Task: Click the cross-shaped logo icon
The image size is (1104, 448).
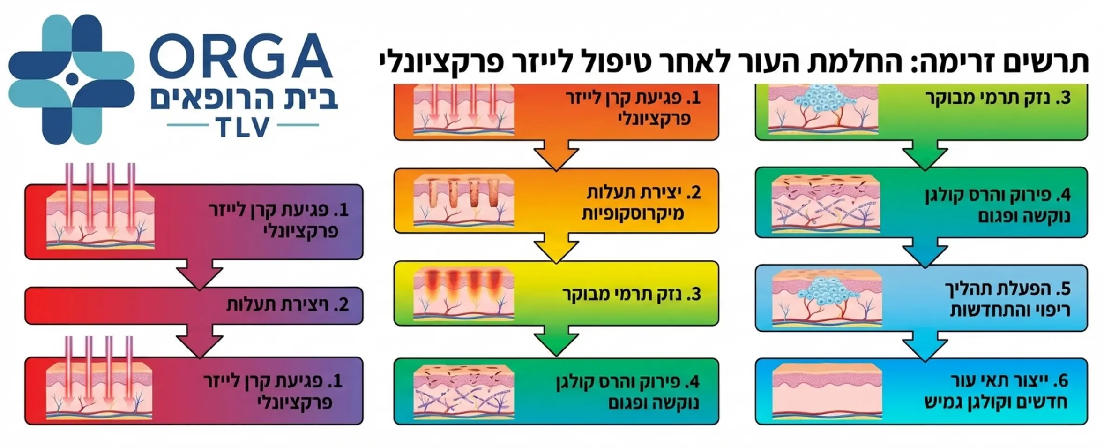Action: [71, 79]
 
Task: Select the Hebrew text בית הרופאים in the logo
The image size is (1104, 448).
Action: [244, 99]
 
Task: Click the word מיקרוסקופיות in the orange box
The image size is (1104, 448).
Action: [633, 213]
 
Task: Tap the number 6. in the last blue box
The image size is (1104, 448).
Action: [1062, 381]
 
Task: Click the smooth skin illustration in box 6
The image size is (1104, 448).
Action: [827, 391]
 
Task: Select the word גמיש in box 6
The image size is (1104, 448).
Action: [944, 402]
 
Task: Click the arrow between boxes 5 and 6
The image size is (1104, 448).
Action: [925, 346]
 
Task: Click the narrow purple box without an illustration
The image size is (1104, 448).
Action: [194, 305]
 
